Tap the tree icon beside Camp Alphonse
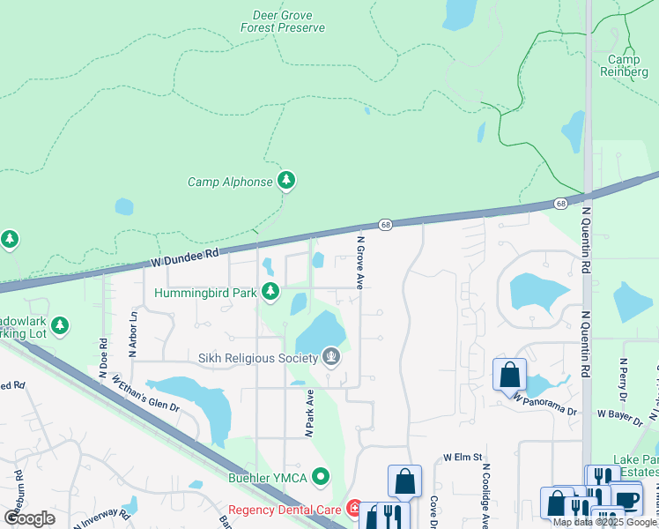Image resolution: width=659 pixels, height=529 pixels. pos(285,181)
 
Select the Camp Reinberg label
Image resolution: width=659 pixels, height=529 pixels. pos(624,65)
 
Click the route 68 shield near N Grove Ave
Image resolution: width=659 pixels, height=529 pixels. pos(385,226)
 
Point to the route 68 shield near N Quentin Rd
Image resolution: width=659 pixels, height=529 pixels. pos(561,204)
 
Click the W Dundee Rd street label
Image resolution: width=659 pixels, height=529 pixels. pos(183,257)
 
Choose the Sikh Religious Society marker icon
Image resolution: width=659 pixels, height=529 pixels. pos(332,357)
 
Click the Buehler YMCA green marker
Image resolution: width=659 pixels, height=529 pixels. pos(321,477)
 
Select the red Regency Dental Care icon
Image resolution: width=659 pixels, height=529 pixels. pos(354,509)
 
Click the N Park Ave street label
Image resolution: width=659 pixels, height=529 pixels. pos(310,414)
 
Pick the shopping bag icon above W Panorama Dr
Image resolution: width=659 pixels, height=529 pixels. pos(509,375)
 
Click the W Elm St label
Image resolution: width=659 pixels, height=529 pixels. pos(463,458)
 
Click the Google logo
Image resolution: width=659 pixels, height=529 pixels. pos(30,518)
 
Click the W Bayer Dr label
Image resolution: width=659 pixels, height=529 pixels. pos(622,413)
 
